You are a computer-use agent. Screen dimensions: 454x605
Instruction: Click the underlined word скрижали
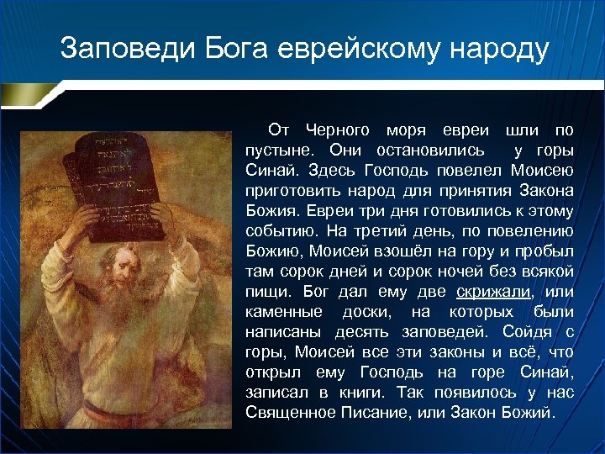point(494,292)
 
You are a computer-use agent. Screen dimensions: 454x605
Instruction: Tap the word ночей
point(471,272)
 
